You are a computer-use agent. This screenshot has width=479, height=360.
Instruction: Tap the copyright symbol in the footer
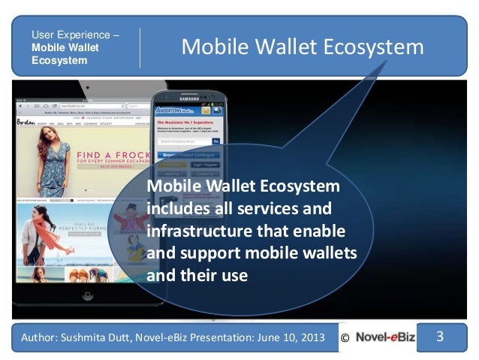click(345, 339)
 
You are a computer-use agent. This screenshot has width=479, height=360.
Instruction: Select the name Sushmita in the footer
click(89, 339)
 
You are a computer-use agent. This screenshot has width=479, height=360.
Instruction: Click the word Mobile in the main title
click(212, 48)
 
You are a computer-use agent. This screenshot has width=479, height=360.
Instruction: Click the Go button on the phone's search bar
click(216, 141)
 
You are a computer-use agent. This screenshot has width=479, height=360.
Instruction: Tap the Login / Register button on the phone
click(206, 163)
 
